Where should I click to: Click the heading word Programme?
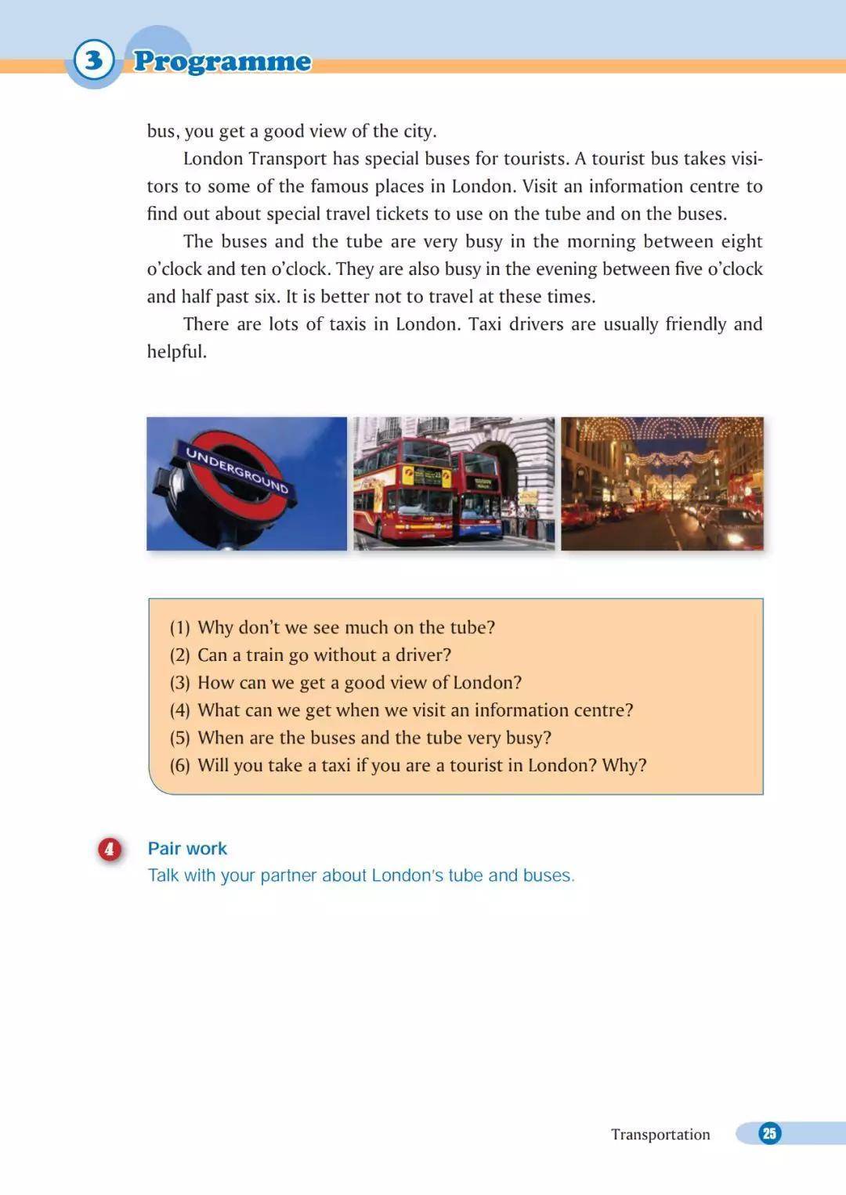click(x=222, y=61)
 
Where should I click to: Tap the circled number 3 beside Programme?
click(x=94, y=60)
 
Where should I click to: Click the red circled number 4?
click(x=110, y=849)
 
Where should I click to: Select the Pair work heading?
click(x=187, y=848)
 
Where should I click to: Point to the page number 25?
click(x=769, y=1133)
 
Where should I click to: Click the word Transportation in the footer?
click(x=660, y=1134)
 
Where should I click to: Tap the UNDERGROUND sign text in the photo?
click(x=237, y=469)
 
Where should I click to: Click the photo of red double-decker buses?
click(x=454, y=483)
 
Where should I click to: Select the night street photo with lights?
click(x=662, y=483)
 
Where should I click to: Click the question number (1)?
click(x=180, y=627)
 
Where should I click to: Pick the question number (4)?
click(x=180, y=710)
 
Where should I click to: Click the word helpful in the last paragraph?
click(x=177, y=352)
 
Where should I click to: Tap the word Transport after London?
click(x=287, y=159)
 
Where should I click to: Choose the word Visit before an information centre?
click(x=540, y=186)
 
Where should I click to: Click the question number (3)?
click(x=180, y=683)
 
